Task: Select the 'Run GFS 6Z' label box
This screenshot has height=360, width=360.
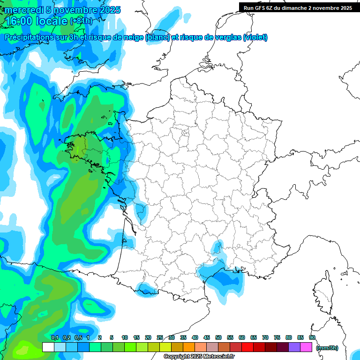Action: pos(298,7)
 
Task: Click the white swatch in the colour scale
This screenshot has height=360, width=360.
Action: pos(48,347)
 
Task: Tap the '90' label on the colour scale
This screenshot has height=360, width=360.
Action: pos(312,337)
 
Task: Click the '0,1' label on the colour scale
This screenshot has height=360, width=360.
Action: pos(54,337)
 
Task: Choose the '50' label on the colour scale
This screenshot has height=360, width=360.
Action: pos(218,337)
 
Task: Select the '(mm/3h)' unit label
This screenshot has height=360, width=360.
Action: pos(327,348)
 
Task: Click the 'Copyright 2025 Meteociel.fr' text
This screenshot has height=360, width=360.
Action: pos(199,357)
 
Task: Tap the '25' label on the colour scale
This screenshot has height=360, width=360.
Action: pos(160,337)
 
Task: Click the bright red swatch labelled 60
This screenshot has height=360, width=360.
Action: pos(247,347)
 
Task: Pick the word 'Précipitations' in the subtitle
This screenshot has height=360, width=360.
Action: pos(28,37)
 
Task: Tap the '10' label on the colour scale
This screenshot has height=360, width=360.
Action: pos(125,337)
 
